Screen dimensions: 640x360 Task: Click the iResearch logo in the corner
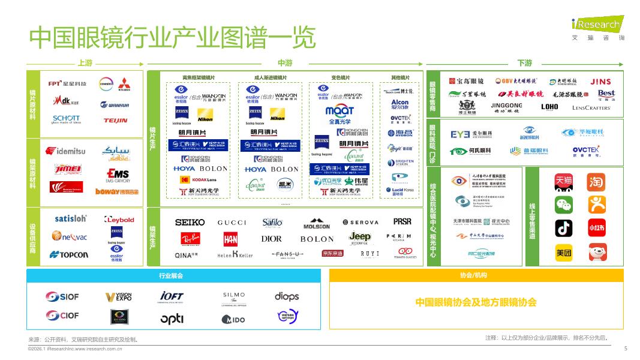[x=597, y=25]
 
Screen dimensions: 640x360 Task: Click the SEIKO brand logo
[x=190, y=223]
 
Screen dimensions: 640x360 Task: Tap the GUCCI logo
[x=232, y=223]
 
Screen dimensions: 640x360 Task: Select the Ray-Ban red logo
[x=190, y=239]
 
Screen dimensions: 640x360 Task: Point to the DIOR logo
[x=271, y=239]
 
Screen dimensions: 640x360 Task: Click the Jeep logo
[x=360, y=237]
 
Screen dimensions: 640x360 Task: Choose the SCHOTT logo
[x=66, y=119]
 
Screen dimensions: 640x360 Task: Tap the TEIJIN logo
[x=115, y=120]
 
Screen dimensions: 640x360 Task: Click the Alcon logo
[x=399, y=103]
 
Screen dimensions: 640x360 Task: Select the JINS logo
[x=600, y=82]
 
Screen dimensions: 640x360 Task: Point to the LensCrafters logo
[x=591, y=108]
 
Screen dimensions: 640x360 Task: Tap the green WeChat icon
[x=563, y=205]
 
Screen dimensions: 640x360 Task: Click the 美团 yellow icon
[x=563, y=253]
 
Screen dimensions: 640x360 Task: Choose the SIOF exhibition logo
[x=61, y=296]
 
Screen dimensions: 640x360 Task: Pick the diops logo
[x=287, y=296]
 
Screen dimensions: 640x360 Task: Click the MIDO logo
[x=233, y=319]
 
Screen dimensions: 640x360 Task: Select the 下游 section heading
[x=524, y=63]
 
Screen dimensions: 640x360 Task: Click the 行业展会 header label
[x=170, y=275]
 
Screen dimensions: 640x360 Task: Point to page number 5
[x=625, y=348]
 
